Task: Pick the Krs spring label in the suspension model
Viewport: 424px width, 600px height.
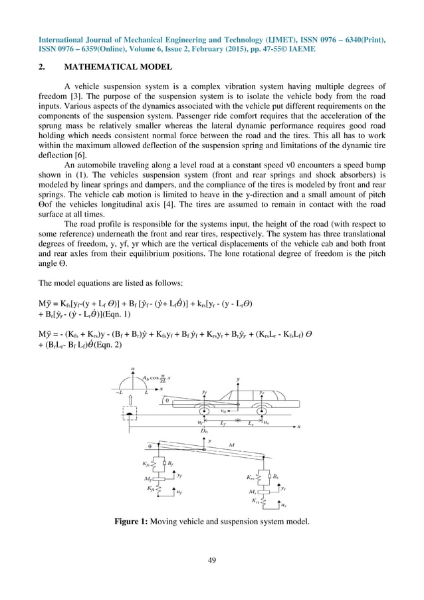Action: (250, 476)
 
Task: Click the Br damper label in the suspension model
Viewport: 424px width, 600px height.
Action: (274, 476)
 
